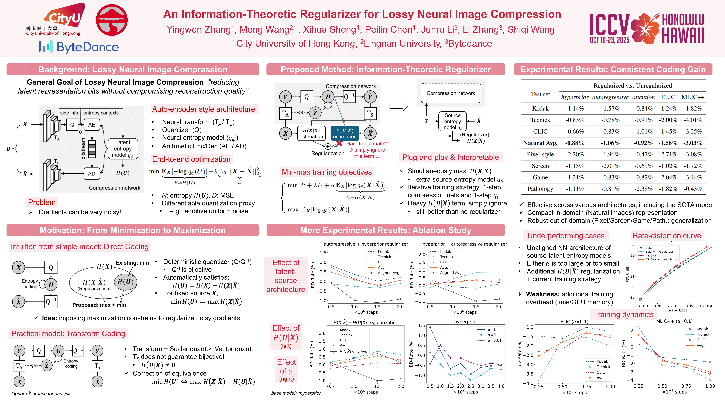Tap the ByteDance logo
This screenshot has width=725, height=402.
point(79,47)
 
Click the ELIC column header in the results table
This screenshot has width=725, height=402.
point(668,97)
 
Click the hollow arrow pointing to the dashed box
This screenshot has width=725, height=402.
point(398,106)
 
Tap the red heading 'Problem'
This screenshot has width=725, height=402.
point(42,202)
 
